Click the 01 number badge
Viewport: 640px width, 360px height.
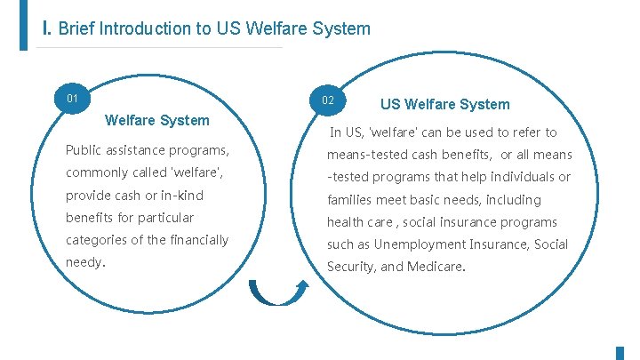(73, 97)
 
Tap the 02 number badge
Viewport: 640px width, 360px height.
(328, 100)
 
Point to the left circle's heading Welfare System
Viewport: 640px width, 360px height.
(157, 120)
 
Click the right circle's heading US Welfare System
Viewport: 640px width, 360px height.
(445, 104)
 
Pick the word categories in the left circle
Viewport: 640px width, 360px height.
(99, 240)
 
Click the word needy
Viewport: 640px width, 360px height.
(84, 263)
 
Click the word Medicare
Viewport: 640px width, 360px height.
(436, 267)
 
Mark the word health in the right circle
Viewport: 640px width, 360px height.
(345, 222)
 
